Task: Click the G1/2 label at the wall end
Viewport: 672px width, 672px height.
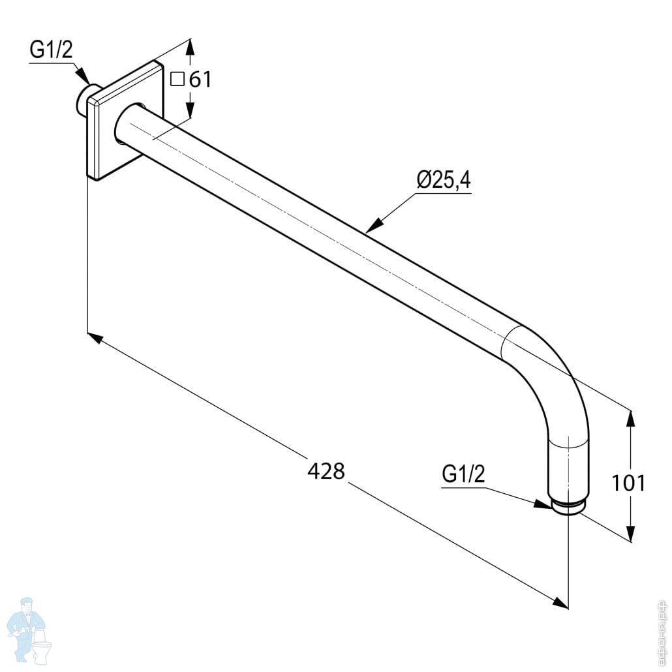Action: pos(52,50)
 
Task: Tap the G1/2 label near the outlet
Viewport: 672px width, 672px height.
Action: pos(463,474)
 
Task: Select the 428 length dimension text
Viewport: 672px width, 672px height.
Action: pos(326,471)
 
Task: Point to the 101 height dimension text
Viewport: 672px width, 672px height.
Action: pos(628,483)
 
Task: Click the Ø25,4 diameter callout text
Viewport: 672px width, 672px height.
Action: pos(444,180)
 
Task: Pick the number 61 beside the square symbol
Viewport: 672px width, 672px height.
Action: pos(200,80)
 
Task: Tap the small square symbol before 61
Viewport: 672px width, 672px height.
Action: pos(177,79)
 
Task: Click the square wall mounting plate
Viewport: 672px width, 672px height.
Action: pos(124,120)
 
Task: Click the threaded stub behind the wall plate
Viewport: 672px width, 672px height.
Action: pos(84,100)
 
